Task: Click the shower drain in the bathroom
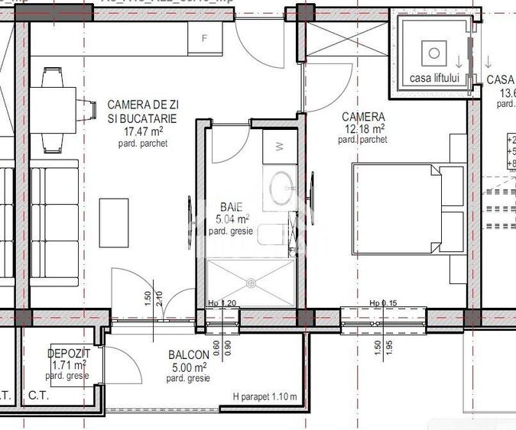coord(249,282)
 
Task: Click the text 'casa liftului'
coord(433,78)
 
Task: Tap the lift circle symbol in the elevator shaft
coord(434,53)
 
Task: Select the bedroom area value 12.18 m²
coord(365,128)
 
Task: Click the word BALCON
coord(188,355)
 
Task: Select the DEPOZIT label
coord(69,354)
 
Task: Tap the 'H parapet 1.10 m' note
coord(264,397)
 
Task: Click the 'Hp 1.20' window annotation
coord(222,304)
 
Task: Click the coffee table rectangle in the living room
coord(115,221)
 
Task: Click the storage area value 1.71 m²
coord(66,366)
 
